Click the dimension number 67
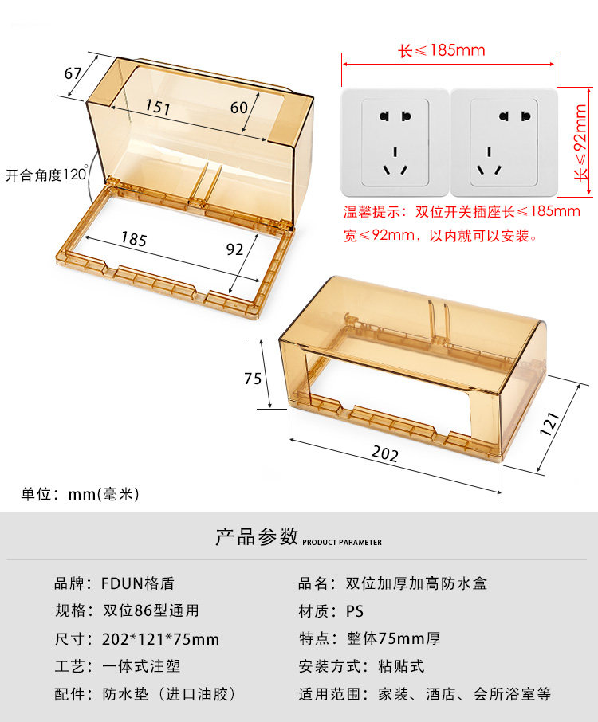[73, 73]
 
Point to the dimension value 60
[239, 107]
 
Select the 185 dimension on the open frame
[135, 237]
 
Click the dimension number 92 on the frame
[234, 249]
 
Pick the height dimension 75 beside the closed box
[253, 379]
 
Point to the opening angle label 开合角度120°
[46, 175]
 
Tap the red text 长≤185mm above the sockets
[442, 51]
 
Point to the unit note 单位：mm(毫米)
[80, 494]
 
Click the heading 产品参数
[257, 536]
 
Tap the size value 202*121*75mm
[160, 639]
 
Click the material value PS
[355, 611]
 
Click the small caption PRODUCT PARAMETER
[342, 543]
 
